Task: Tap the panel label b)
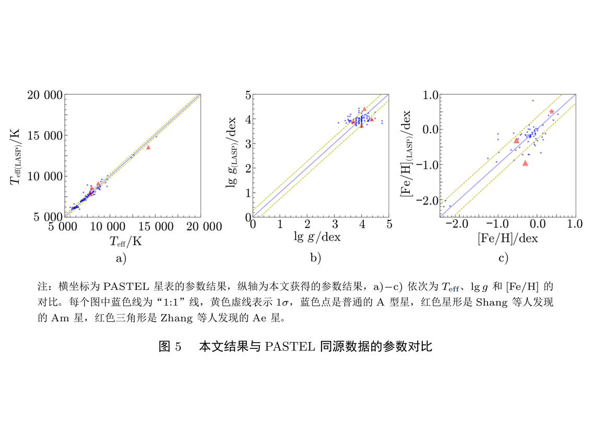(x=316, y=258)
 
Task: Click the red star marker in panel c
(x=551, y=112)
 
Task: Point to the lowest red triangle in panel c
(x=525, y=163)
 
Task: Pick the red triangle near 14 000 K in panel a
(x=148, y=147)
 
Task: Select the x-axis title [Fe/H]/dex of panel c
(x=508, y=238)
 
